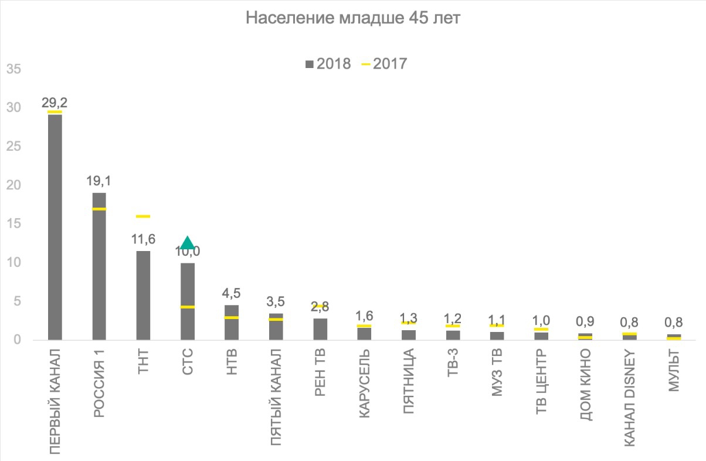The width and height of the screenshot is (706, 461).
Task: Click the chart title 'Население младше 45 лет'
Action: tap(353, 19)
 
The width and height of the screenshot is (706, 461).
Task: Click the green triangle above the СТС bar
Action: tap(187, 243)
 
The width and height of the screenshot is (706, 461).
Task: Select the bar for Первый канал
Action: tap(55, 226)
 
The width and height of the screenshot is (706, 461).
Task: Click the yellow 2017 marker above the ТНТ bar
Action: tap(143, 216)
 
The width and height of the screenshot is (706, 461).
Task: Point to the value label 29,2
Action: tap(55, 103)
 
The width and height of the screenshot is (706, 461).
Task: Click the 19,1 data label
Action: tap(99, 181)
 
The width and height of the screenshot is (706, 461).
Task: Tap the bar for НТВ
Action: tap(232, 322)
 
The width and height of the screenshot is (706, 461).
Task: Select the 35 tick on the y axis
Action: tap(13, 69)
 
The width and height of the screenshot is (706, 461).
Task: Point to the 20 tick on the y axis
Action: tap(13, 185)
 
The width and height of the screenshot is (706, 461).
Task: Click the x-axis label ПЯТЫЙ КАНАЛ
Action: tap(276, 396)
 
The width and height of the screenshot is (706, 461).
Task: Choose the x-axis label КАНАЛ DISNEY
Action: tap(630, 396)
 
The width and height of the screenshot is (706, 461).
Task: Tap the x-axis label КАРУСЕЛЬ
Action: tap(364, 384)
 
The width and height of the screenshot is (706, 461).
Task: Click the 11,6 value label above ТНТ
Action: tap(143, 239)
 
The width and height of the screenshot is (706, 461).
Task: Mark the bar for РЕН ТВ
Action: tap(320, 328)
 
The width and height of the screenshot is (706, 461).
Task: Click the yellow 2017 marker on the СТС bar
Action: tap(188, 307)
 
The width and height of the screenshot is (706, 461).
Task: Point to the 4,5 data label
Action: tap(232, 293)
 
